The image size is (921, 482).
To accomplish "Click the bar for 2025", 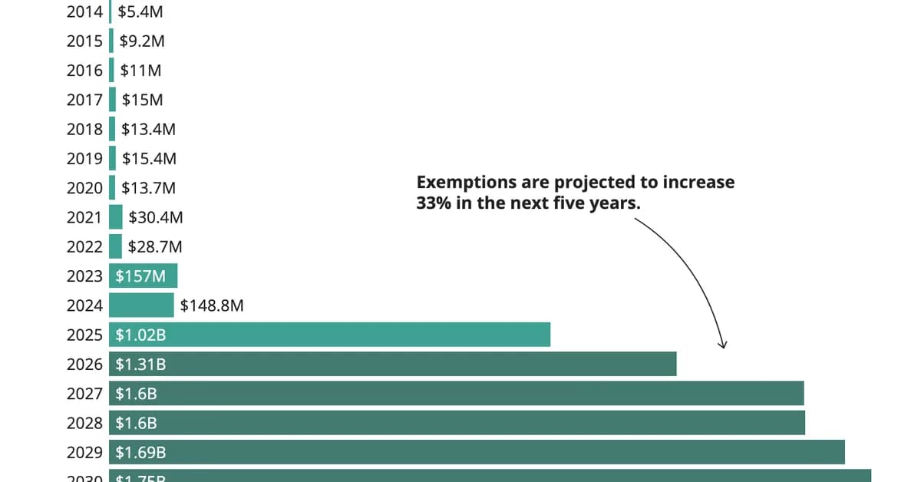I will click(330, 335).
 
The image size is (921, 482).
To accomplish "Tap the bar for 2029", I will click(477, 453).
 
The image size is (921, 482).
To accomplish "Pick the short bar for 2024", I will click(141, 305).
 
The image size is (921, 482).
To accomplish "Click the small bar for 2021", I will click(116, 217).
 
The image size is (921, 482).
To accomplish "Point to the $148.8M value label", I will click(212, 306).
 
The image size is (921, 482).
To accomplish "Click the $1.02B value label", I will click(140, 335).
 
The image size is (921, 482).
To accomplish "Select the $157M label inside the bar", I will click(140, 276).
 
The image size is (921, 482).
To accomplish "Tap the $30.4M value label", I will click(156, 218).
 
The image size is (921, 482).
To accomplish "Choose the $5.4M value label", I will click(140, 12).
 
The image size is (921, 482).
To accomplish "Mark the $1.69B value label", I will click(140, 453).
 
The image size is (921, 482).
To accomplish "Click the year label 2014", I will click(84, 12).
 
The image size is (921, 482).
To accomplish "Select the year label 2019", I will click(84, 159).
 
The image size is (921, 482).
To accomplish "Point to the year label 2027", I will click(84, 394).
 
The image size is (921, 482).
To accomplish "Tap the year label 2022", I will click(84, 247).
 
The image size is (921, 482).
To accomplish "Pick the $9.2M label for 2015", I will click(141, 41).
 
